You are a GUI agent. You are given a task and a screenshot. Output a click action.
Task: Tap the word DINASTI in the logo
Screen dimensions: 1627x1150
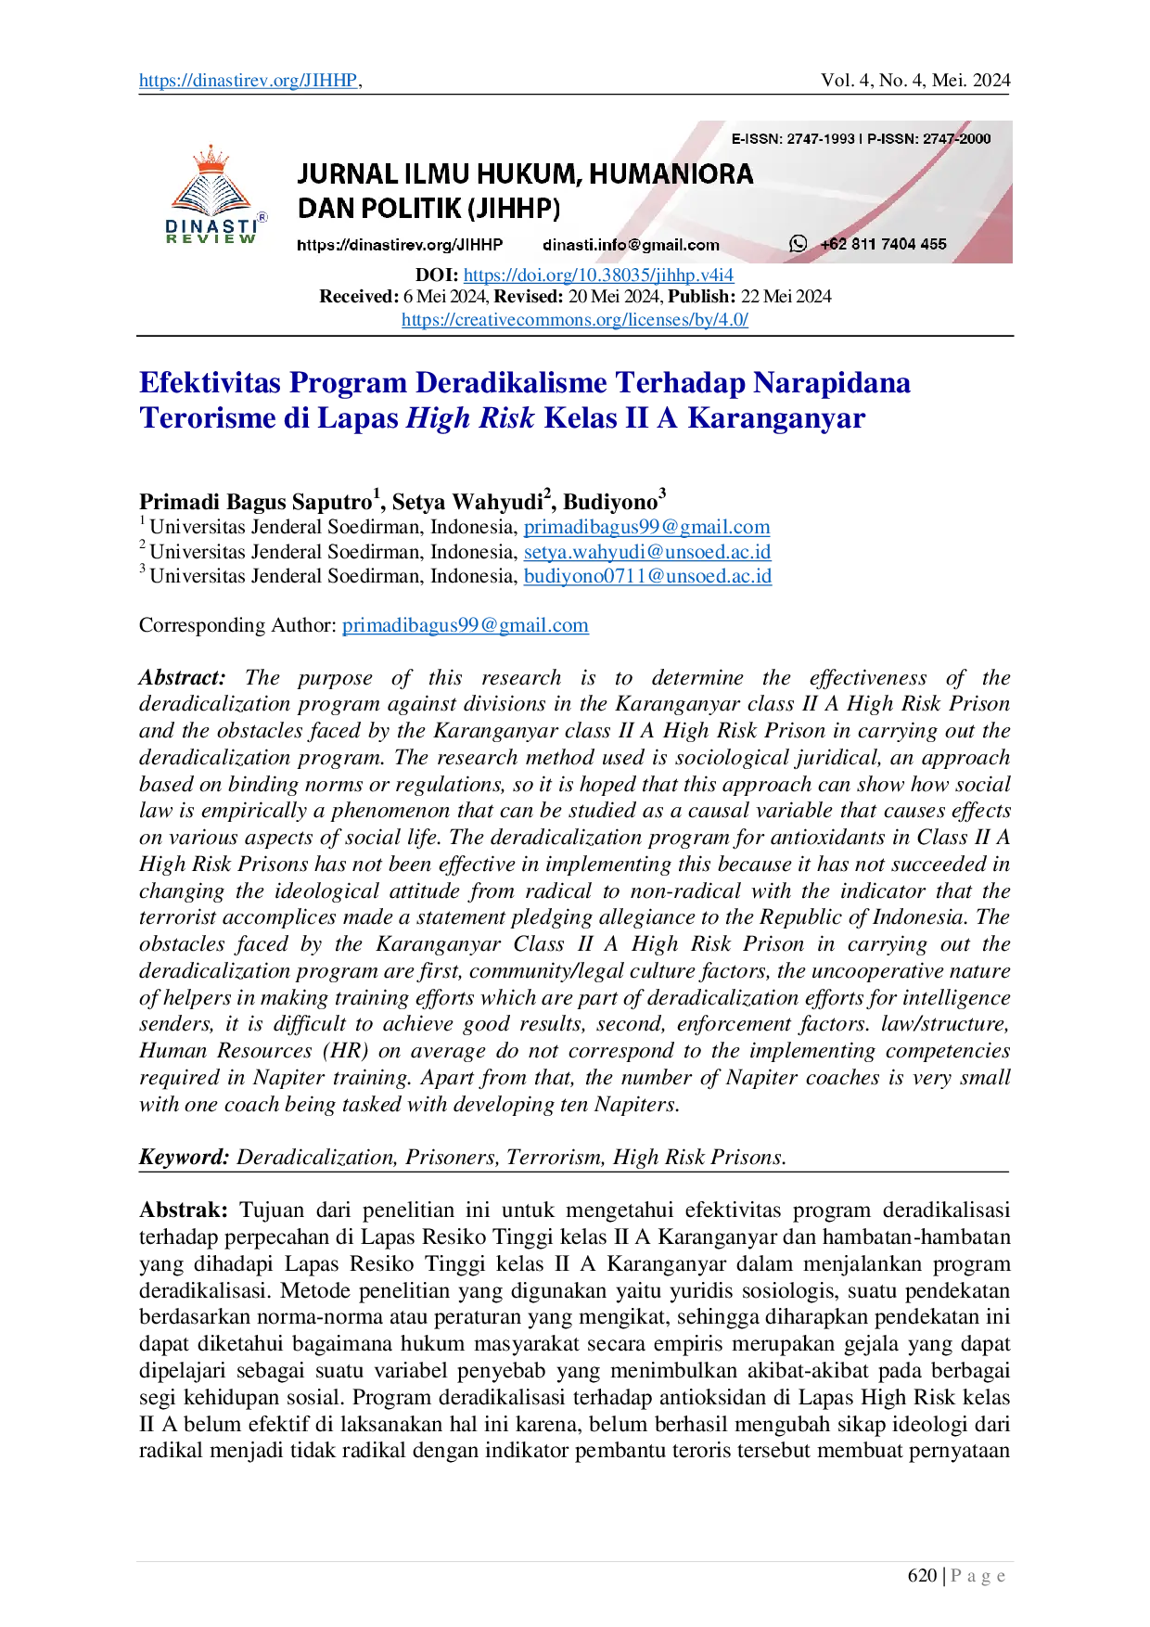pos(211,225)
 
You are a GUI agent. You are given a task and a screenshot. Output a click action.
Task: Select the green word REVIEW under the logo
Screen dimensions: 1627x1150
pos(211,239)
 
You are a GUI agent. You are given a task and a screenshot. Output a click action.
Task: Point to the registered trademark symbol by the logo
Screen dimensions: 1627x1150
pos(262,217)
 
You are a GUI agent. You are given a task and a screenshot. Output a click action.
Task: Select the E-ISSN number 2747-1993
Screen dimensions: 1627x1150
pos(820,139)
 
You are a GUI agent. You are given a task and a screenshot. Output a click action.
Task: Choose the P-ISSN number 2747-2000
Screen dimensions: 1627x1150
pos(956,139)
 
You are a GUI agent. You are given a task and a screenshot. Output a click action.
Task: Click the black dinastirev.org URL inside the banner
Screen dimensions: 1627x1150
pos(400,245)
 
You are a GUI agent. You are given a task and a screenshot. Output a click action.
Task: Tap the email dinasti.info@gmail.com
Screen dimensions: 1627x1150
pos(631,245)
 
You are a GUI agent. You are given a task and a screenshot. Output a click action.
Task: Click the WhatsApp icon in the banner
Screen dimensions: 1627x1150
pos(798,244)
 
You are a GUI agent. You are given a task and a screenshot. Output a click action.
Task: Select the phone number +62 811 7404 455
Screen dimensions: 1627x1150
pos(883,244)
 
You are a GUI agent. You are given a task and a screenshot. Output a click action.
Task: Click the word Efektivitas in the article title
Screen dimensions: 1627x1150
pos(209,382)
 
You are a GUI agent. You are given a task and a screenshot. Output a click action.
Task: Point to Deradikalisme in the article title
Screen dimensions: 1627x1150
pos(511,382)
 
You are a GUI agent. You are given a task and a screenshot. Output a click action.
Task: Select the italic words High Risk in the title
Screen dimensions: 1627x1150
pos(470,417)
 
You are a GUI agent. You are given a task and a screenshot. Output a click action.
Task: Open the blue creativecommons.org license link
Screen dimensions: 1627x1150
pos(574,321)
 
